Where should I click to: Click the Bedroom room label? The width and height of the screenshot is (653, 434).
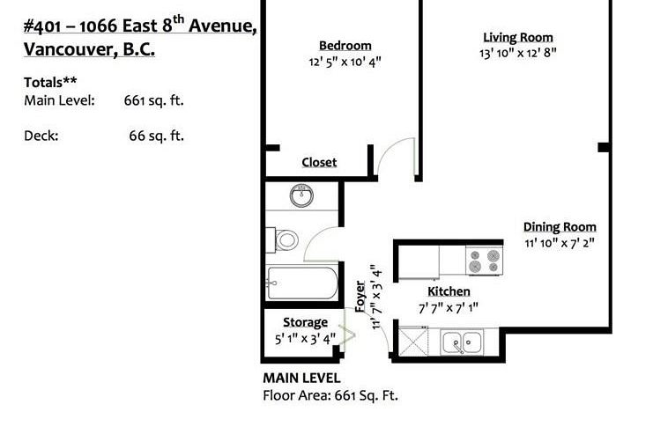point(345,46)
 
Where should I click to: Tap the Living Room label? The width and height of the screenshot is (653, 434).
point(517,37)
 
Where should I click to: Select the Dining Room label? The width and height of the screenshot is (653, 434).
point(560,227)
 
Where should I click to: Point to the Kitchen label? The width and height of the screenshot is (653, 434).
point(449,291)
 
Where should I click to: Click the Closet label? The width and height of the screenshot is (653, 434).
point(319,163)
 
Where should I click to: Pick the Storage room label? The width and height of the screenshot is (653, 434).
point(305,322)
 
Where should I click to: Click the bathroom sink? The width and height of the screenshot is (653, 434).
point(302,195)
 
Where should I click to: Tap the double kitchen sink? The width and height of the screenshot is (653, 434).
point(462,340)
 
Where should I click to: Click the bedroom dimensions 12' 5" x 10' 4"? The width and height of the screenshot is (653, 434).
point(345,62)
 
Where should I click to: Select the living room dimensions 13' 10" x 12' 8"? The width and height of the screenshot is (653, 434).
point(517,53)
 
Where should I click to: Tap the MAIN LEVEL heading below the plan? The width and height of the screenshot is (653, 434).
point(301,378)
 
